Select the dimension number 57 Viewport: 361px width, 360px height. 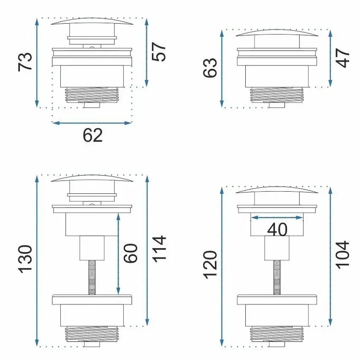click(x=159, y=52)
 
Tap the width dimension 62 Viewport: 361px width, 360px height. click(x=92, y=135)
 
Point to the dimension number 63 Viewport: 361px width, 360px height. click(x=210, y=68)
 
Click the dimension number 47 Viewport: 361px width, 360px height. click(x=342, y=58)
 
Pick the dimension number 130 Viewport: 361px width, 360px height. click(x=25, y=259)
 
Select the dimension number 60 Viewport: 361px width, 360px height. click(x=130, y=253)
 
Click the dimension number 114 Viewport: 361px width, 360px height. click(x=159, y=249)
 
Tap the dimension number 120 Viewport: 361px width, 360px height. click(x=210, y=265)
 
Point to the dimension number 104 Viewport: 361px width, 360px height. click(x=343, y=255)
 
